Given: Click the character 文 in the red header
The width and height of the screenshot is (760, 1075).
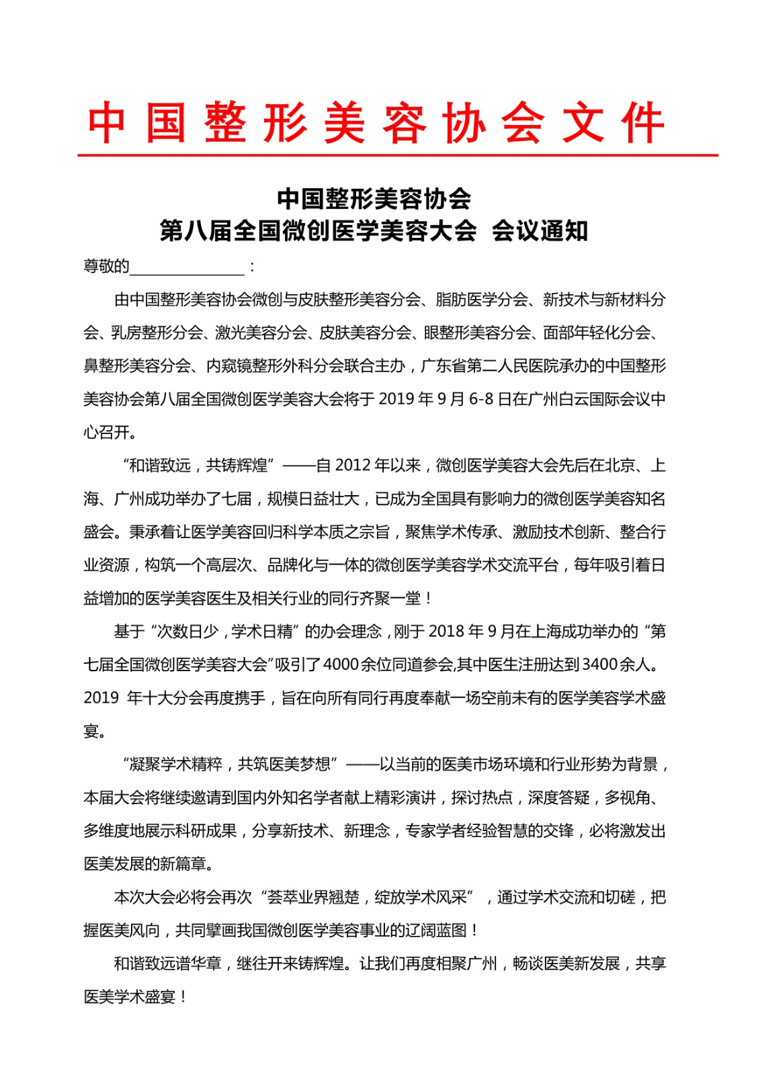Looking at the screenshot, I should pyautogui.click(x=583, y=124).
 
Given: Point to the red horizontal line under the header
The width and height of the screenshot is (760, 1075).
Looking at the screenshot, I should pyautogui.click(x=397, y=155).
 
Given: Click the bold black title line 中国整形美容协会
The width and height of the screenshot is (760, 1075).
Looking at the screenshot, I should pyautogui.click(x=374, y=198).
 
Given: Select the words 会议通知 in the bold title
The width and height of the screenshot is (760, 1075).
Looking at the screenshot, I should pyautogui.click(x=540, y=230).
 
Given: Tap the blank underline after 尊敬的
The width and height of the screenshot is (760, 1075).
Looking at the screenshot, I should pyautogui.click(x=187, y=267).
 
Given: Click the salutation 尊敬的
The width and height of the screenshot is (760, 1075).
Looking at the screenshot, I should pyautogui.click(x=105, y=267).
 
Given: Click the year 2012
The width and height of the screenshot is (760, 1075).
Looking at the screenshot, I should pyautogui.click(x=353, y=466).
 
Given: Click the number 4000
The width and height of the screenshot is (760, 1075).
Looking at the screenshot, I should pyautogui.click(x=341, y=665).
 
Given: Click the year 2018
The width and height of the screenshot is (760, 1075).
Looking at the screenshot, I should pyautogui.click(x=446, y=632).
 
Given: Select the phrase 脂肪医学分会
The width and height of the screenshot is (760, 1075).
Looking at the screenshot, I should pyautogui.click(x=482, y=300).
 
